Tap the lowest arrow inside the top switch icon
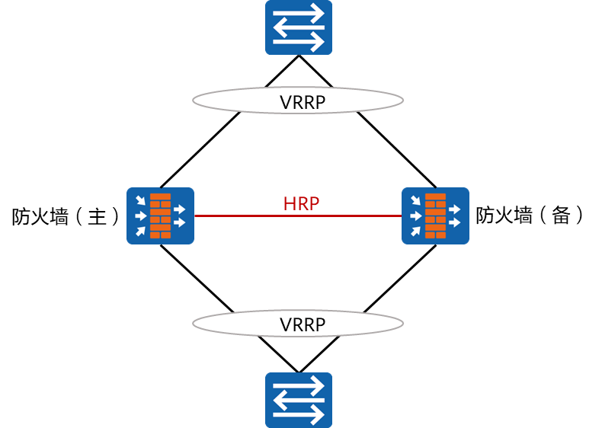tap(298, 42)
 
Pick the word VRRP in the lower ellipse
tap(303, 325)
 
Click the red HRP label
tap(301, 203)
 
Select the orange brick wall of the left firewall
tap(160, 216)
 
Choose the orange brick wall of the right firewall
tap(435, 216)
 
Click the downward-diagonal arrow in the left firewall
tap(140, 201)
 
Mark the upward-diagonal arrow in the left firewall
tap(140, 231)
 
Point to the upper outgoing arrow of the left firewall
tap(180, 209)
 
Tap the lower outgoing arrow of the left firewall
tap(180, 222)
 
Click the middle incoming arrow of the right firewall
tap(415, 216)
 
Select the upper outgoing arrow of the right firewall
tap(455, 209)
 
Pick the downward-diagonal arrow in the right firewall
tap(415, 201)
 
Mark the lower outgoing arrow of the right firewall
tap(455, 222)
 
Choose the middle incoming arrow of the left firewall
tap(140, 216)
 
